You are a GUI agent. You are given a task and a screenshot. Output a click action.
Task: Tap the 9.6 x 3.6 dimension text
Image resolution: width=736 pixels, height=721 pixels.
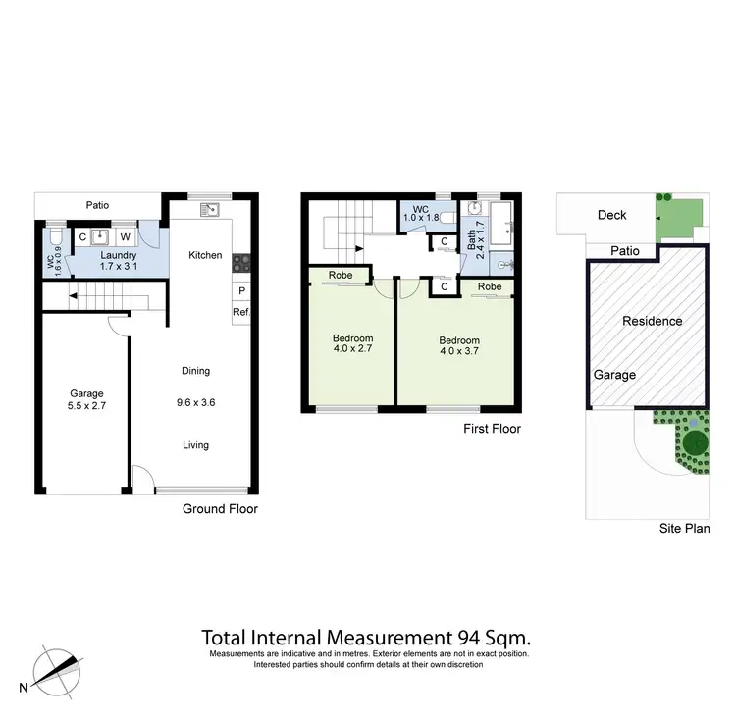coord(195,401)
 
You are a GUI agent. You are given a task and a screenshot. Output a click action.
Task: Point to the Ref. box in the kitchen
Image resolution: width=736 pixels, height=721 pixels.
coord(239,313)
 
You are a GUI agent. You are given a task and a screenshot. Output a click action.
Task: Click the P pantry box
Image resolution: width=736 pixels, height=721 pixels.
coord(239,291)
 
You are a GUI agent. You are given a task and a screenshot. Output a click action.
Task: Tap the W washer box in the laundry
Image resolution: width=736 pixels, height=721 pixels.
coord(125,236)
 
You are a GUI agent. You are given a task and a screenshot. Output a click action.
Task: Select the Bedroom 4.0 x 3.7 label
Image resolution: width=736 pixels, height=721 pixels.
coord(458,347)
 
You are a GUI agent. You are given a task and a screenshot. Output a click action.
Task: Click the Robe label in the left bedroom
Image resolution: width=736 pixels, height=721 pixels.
coord(341,276)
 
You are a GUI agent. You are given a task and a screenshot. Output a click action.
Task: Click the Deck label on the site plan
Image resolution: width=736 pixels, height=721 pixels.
coord(611,216)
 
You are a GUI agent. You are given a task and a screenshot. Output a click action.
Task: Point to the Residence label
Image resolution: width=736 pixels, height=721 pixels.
coord(653,321)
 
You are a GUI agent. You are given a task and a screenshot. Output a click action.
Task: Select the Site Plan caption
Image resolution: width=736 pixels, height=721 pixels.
coord(684,529)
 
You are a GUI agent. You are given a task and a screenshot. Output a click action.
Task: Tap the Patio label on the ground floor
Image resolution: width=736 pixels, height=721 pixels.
coord(96,206)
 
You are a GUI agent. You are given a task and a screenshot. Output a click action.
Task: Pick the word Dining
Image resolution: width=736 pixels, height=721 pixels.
coord(195,371)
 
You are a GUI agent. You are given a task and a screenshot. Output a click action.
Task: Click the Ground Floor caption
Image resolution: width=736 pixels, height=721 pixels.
coord(220,509)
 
